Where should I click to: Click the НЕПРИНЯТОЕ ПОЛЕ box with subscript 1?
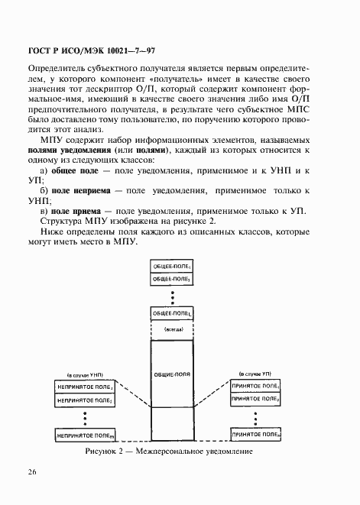click(85, 388)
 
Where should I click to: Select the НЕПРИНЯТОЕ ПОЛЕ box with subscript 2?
click(85, 400)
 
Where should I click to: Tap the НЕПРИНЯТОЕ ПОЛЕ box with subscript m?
click(85, 435)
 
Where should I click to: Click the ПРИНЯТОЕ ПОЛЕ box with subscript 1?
click(255, 387)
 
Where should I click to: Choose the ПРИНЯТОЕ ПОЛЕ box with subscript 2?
click(255, 399)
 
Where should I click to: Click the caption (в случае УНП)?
click(85, 377)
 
